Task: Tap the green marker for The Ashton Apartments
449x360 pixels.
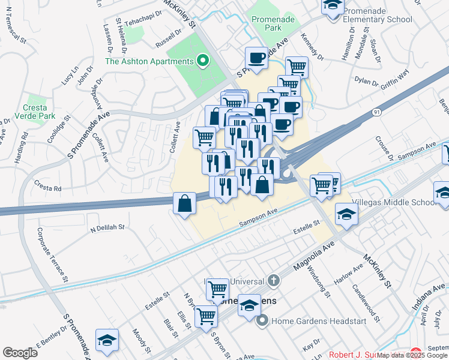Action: click(x=202, y=61)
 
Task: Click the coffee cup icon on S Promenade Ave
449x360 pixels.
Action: click(x=257, y=58)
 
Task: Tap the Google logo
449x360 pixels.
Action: click(x=20, y=353)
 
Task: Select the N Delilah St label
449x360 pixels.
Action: click(x=107, y=228)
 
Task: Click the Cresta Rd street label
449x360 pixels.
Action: click(x=47, y=188)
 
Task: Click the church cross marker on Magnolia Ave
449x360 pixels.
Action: click(x=273, y=280)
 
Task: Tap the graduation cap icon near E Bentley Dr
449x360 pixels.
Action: click(x=106, y=340)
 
